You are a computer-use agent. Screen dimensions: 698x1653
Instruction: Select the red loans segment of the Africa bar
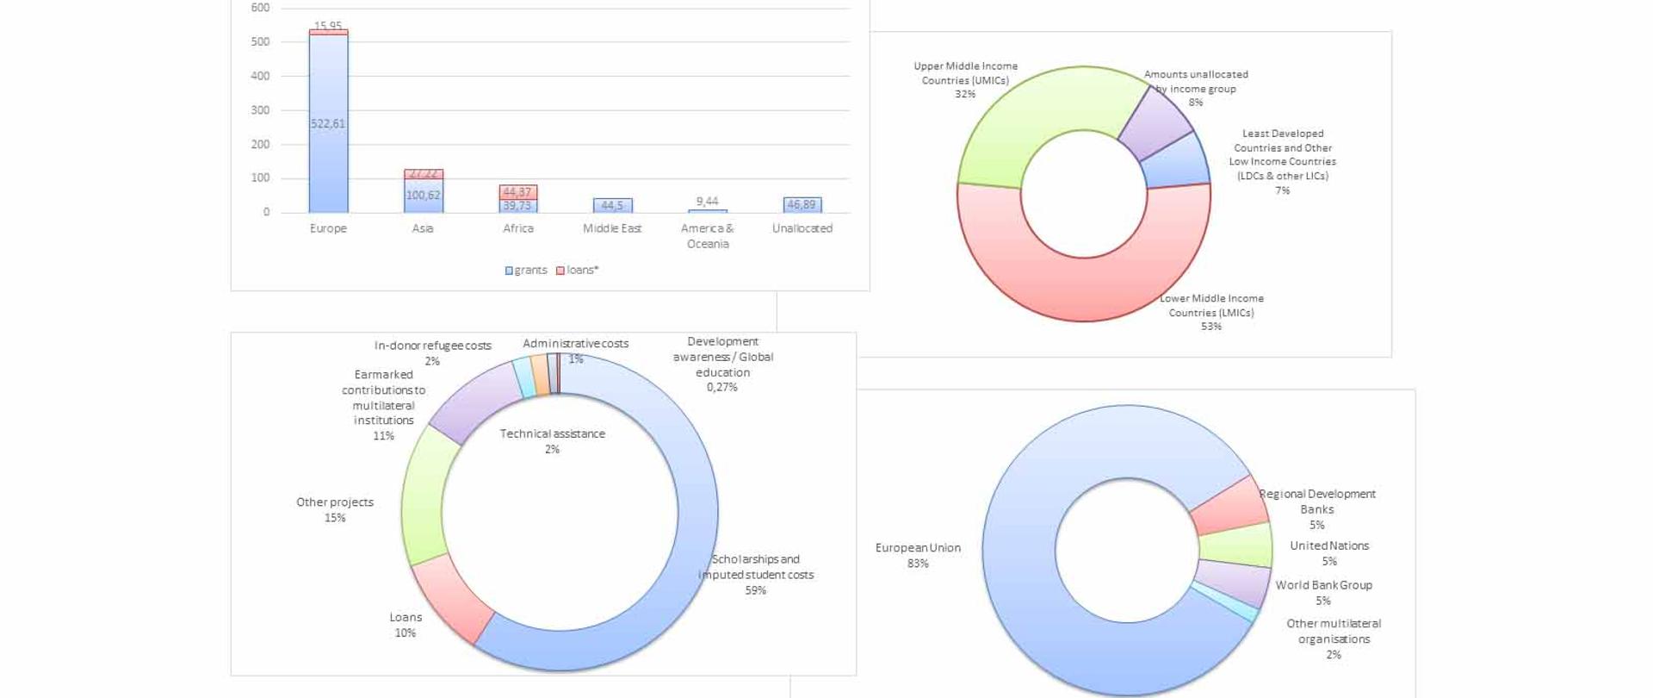517,192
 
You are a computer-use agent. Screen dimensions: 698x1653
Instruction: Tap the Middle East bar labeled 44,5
612,205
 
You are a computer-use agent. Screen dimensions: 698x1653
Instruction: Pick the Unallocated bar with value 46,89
802,205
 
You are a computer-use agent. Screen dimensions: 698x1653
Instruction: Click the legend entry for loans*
577,270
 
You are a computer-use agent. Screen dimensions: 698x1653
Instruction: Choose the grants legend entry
526,270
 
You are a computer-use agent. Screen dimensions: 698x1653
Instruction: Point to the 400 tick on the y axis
260,76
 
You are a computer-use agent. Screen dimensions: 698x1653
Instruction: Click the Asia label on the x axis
423,228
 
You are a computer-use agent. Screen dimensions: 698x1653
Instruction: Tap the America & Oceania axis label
707,236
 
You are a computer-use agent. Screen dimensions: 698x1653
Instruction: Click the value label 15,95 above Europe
328,26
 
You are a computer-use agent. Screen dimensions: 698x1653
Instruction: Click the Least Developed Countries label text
1282,155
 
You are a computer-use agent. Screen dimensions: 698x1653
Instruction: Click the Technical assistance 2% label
552,440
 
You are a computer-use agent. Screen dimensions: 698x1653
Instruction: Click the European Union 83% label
918,555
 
